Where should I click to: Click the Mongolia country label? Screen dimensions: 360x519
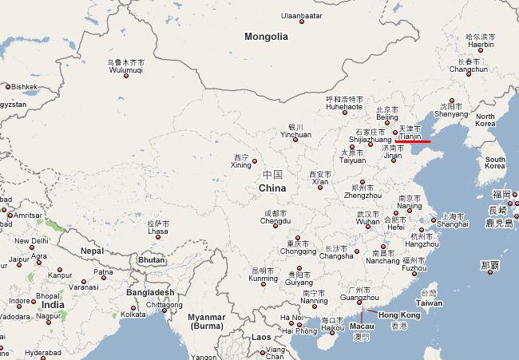coord(266,37)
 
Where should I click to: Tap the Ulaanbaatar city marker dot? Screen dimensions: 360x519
coord(302,22)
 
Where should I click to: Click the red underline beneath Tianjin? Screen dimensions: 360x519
coord(413,141)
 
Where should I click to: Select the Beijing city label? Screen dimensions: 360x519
coord(387,117)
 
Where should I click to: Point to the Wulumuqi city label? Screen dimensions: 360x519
coord(125,69)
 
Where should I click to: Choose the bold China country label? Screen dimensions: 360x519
coord(272,188)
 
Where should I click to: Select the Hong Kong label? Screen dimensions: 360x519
coord(400,315)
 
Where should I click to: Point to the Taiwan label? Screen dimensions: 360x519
coord(429,303)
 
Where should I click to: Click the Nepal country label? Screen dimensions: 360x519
coord(92,251)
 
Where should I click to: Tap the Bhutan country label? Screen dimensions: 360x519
coord(152,260)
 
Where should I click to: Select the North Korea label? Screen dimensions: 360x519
coord(485,120)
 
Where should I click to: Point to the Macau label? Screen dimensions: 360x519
coord(362,326)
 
